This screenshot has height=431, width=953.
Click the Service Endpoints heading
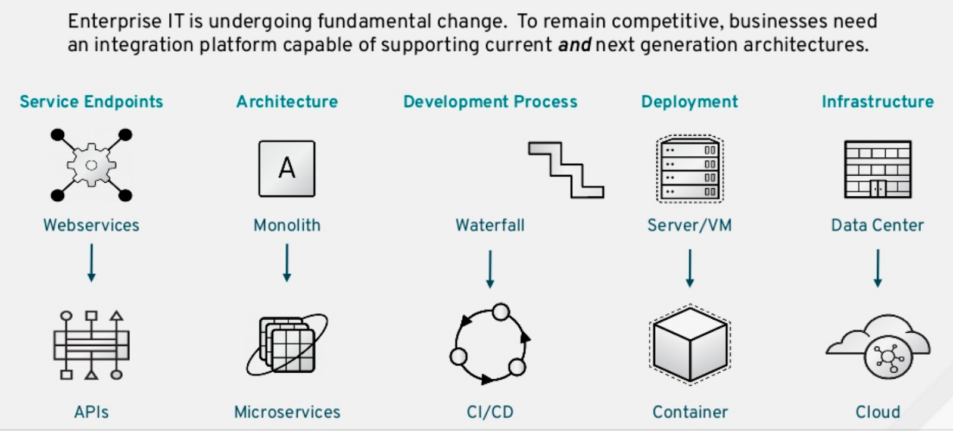[x=91, y=102]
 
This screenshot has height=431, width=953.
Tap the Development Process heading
[x=490, y=102]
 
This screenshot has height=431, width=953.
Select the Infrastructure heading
[x=877, y=102]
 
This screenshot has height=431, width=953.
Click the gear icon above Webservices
[x=91, y=165]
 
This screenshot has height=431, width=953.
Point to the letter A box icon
[x=286, y=168]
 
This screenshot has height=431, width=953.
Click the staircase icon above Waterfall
[x=566, y=170]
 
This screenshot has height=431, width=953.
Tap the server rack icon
[x=690, y=169]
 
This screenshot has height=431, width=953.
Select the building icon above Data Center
[x=877, y=169]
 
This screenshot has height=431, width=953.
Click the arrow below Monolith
[x=286, y=263]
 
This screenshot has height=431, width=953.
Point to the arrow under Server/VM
[x=690, y=268]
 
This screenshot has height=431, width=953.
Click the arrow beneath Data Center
[x=877, y=268]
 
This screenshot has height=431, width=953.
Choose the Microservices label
[x=287, y=412]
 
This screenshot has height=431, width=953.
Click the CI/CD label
[x=490, y=412]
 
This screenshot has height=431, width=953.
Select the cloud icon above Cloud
[x=878, y=347]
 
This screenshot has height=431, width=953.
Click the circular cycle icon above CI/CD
[x=490, y=344]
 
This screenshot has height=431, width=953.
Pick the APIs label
[x=91, y=412]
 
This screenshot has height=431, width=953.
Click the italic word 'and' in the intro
[x=574, y=45]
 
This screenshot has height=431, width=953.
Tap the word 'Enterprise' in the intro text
[x=107, y=21]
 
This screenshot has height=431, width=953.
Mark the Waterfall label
[x=490, y=225]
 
